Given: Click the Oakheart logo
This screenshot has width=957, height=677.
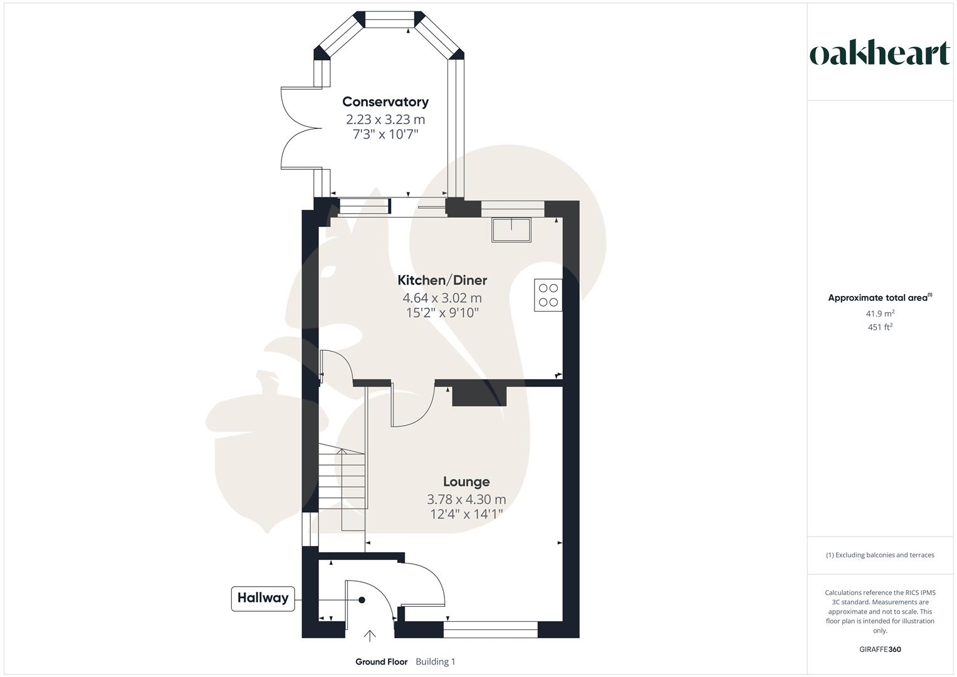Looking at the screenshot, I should click(879, 54).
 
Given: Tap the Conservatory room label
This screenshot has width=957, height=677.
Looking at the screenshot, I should click(385, 102).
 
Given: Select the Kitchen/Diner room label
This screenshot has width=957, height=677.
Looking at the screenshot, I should click(442, 280).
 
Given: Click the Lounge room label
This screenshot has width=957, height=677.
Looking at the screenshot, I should click(466, 481).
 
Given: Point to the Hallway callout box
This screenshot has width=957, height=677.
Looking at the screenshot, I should click(263, 598).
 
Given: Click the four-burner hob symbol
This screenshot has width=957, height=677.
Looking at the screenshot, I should click(548, 295).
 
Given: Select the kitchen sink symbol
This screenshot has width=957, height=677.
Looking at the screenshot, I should click(511, 229).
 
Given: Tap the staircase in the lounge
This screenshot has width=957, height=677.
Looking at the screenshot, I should click(342, 483).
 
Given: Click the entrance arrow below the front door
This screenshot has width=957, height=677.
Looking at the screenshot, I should click(370, 636).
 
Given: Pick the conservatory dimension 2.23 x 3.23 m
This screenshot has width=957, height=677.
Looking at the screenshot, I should click(385, 119).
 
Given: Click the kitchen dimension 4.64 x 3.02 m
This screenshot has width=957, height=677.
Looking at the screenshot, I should click(442, 298).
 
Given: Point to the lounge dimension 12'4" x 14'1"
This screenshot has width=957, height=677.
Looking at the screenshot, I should click(466, 515).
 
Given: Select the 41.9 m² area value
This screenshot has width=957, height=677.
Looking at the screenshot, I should click(879, 313).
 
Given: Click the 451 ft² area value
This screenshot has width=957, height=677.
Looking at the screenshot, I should click(879, 327).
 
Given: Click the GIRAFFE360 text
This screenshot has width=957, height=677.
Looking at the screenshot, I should click(879, 649).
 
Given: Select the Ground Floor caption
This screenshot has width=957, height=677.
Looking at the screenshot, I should click(381, 662).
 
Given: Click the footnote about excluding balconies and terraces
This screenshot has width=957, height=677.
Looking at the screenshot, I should click(879, 555).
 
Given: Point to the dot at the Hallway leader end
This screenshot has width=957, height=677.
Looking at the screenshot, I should click(362, 600).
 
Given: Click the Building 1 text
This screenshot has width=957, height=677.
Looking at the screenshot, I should click(435, 662).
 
